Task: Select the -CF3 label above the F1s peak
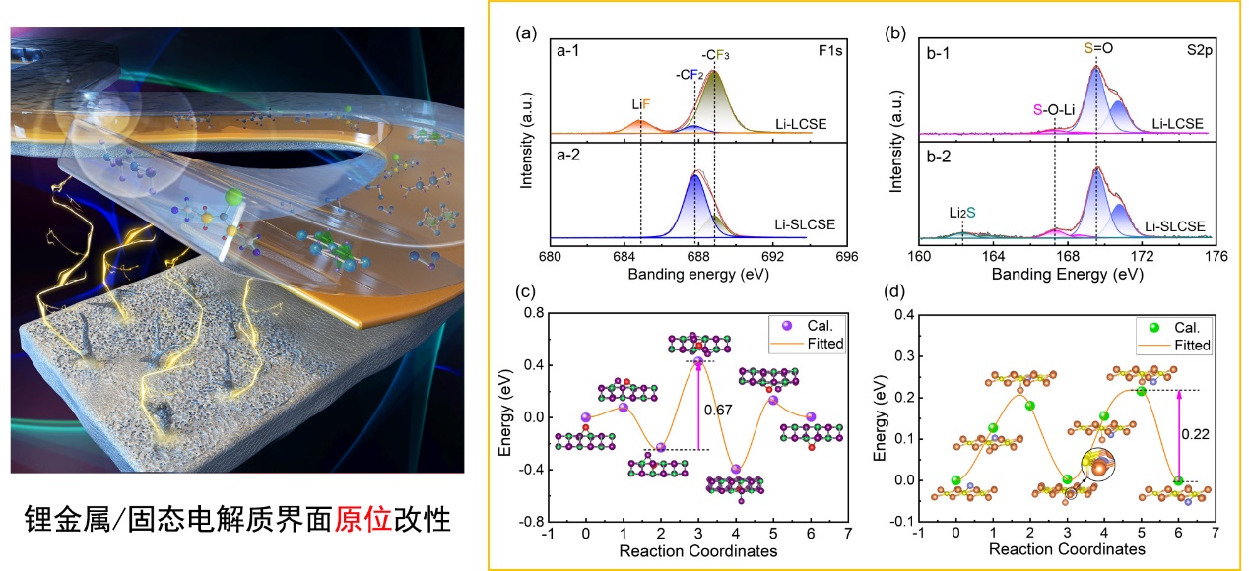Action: tap(715, 55)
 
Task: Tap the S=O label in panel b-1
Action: tap(1095, 46)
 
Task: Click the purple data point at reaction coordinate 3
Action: tap(698, 361)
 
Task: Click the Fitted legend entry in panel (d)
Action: tap(1191, 346)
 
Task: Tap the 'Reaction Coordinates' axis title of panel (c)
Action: tap(698, 550)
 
